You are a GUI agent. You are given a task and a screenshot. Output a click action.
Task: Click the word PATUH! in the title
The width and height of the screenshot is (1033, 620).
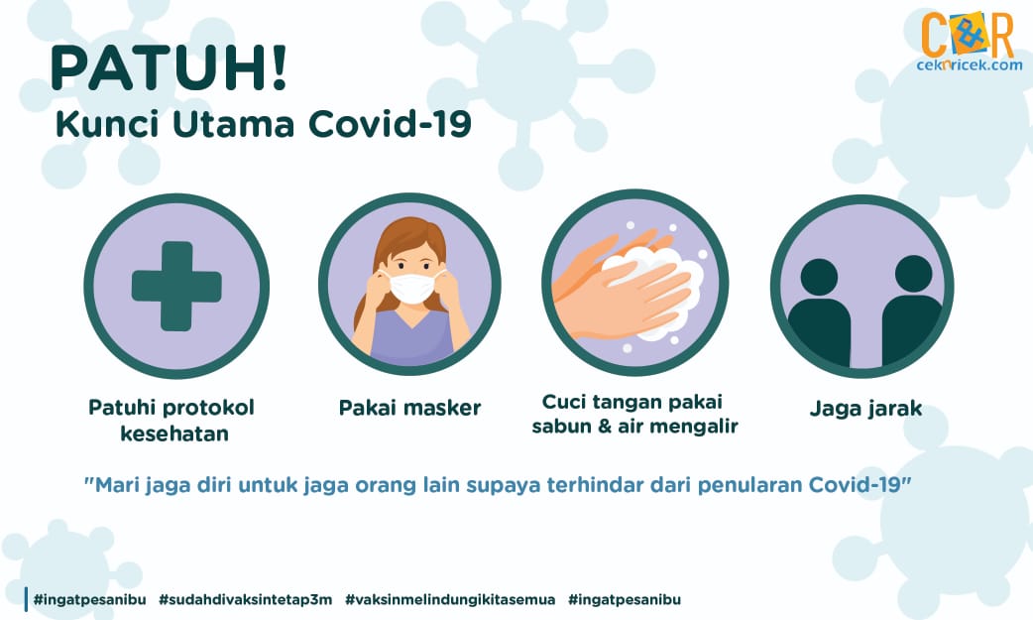tap(169, 67)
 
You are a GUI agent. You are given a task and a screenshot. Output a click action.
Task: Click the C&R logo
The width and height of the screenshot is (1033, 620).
tap(968, 35)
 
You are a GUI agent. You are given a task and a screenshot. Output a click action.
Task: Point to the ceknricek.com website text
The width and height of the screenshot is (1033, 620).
tap(970, 65)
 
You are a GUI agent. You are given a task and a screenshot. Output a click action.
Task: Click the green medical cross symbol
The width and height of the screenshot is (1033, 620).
tap(176, 287)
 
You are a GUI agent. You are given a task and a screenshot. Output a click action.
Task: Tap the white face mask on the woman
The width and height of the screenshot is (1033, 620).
tap(412, 288)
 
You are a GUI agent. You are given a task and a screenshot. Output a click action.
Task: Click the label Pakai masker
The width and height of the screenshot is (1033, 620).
tap(409, 408)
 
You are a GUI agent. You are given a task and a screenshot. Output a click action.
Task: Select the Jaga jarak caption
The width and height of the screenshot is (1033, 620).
tap(865, 409)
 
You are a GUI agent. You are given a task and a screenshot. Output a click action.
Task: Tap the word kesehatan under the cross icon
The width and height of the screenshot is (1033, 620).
tap(174, 434)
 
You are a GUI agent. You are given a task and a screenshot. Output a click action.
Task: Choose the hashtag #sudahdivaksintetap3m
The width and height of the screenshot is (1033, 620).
tap(246, 599)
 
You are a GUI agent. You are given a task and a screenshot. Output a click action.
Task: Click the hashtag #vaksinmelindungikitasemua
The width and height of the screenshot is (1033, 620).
tap(450, 599)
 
